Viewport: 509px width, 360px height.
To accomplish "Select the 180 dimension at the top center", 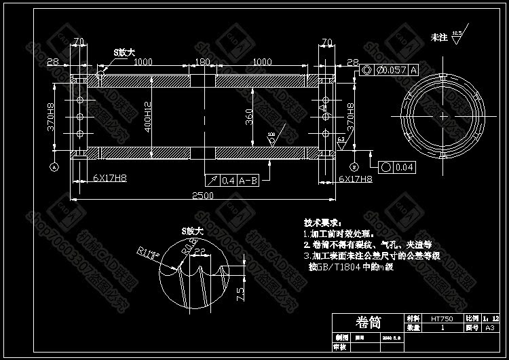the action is pyautogui.click(x=202, y=62).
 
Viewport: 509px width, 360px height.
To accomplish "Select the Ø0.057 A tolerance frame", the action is pyautogui.click(x=390, y=70).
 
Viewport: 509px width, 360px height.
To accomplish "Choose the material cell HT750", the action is pyautogui.click(x=442, y=318).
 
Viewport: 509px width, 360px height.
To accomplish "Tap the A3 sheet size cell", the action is pyautogui.click(x=489, y=327).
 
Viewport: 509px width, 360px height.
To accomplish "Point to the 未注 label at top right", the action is pyautogui.click(x=439, y=37).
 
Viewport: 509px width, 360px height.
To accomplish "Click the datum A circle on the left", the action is pyautogui.click(x=54, y=166).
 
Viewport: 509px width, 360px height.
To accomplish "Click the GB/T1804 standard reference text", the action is pyautogui.click(x=346, y=267).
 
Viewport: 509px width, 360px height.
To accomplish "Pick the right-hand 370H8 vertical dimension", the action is pyautogui.click(x=350, y=117).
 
